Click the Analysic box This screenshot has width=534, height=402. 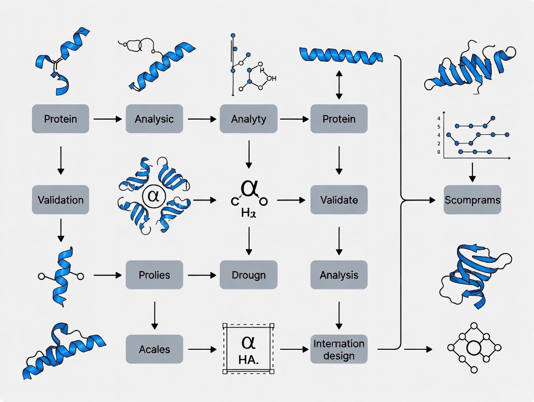pyautogui.click(x=154, y=119)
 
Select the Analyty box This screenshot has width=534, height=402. pyautogui.click(x=249, y=119)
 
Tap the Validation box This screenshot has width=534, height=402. pyautogui.click(x=60, y=200)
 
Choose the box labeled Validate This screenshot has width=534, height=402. pyautogui.click(x=339, y=200)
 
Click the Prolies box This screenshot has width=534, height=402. pyautogui.click(x=154, y=275)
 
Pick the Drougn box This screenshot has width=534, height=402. pyautogui.click(x=249, y=275)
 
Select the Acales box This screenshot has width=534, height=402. pyautogui.click(x=154, y=349)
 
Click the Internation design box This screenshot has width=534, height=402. pyautogui.click(x=339, y=349)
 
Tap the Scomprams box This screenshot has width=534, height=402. pyautogui.click(x=472, y=200)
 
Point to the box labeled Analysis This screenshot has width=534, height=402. pyautogui.click(x=339, y=275)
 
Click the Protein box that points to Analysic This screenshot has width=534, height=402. pyautogui.click(x=60, y=119)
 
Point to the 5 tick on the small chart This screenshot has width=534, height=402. pyautogui.click(x=439, y=126)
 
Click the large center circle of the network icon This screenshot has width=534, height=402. pyautogui.click(x=474, y=348)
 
